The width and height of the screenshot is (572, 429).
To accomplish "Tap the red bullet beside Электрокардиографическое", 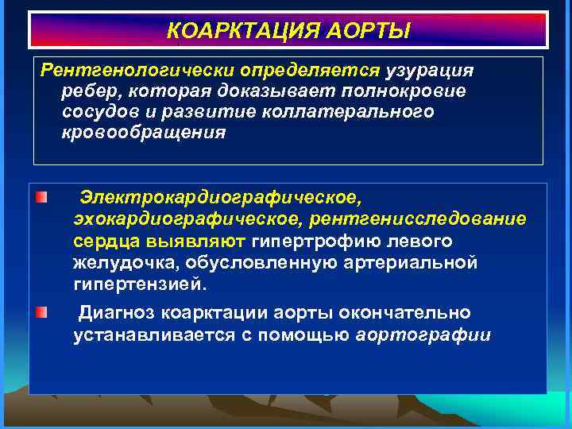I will click(x=41, y=195).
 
